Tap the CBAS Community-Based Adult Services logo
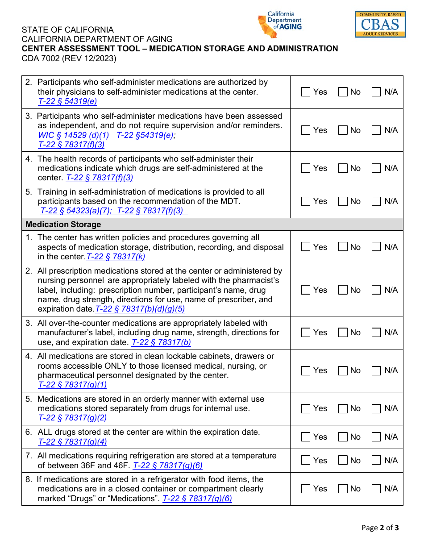[x=380, y=25]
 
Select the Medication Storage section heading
[x=63, y=225]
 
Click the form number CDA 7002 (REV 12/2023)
[x=69, y=58]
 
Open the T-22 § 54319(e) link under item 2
[x=67, y=101]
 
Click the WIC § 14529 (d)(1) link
[x=74, y=135]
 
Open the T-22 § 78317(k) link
[x=116, y=257]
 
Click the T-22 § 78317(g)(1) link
[x=72, y=385]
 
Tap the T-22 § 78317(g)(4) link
[x=72, y=442]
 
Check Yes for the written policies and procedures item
[x=306, y=247]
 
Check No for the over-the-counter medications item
[x=343, y=333]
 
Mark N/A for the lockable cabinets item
[x=377, y=371]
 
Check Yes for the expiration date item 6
[x=306, y=437]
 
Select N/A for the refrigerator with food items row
[x=377, y=489]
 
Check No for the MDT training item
[x=343, y=202]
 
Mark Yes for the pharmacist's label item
[x=306, y=290]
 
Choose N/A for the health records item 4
[x=377, y=169]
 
